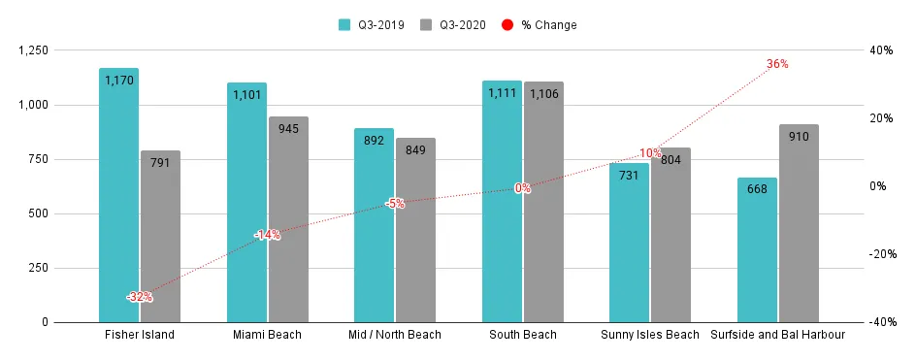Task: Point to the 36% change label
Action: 777,64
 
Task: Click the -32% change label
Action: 139,297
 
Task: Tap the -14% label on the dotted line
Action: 267,235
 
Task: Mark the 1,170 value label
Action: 118,84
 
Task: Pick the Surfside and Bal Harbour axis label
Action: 777,336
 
